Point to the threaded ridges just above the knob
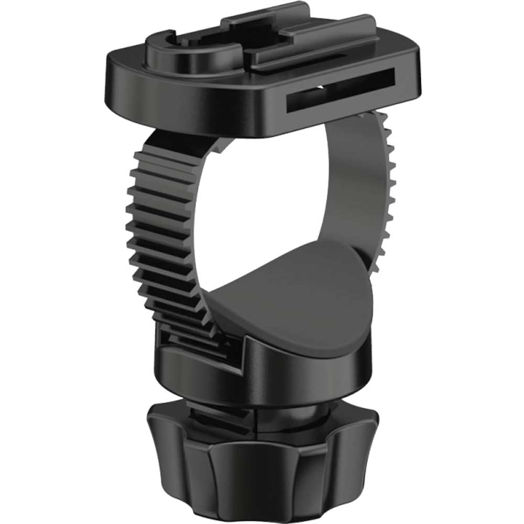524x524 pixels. coord(215,414)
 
